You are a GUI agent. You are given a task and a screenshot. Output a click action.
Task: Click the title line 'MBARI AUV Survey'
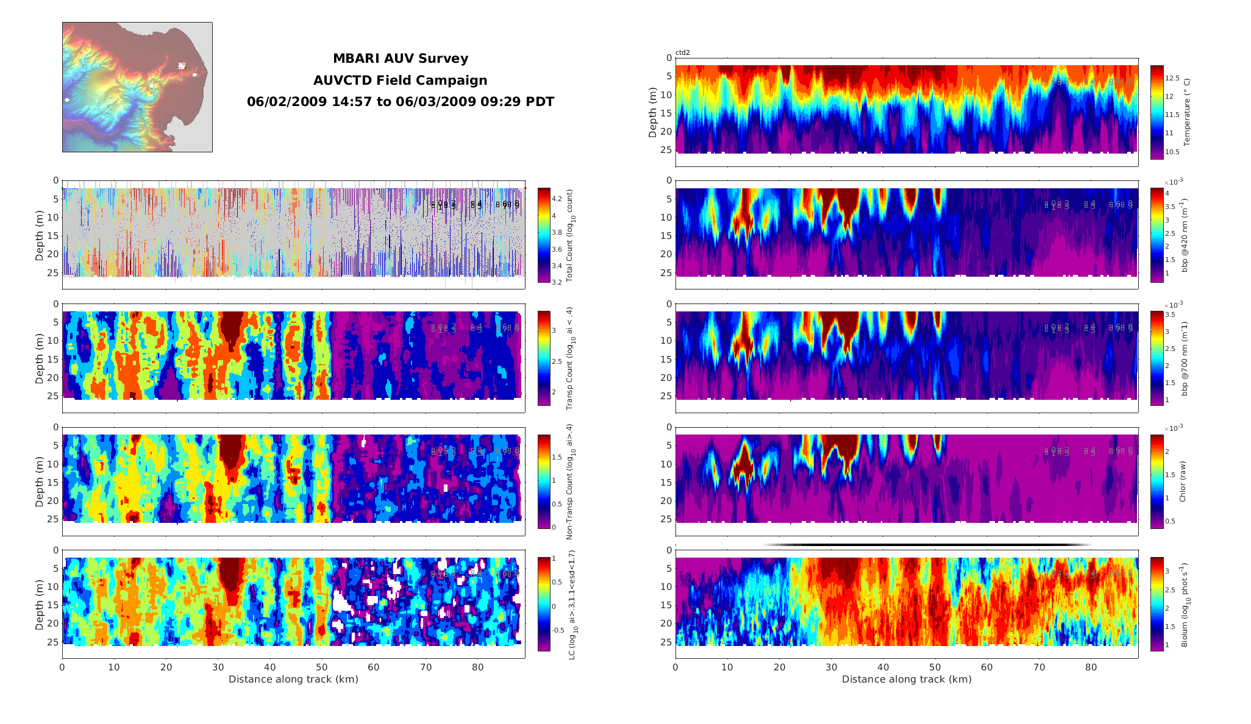click(x=400, y=59)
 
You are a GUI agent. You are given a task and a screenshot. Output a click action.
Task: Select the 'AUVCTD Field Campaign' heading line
click(x=400, y=80)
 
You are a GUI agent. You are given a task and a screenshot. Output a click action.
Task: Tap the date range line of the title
click(x=400, y=102)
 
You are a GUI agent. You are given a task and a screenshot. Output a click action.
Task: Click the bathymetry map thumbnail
click(x=137, y=87)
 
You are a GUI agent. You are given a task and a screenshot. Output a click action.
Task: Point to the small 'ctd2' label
click(x=683, y=53)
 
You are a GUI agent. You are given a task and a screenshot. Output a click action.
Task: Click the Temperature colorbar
click(x=1157, y=112)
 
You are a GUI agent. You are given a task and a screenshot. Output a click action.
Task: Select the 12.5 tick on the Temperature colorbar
click(x=1172, y=78)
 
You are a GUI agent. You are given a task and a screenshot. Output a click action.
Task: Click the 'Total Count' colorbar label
click(x=570, y=235)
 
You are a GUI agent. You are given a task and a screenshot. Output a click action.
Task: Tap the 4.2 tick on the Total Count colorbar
click(x=557, y=199)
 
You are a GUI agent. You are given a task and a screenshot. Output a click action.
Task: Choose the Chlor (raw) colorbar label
click(x=1183, y=481)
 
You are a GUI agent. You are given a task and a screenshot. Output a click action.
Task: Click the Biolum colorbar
click(x=1157, y=604)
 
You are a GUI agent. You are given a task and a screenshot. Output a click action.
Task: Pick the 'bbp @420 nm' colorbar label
click(x=1185, y=235)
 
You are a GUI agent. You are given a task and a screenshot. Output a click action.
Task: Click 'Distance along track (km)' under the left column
click(x=293, y=680)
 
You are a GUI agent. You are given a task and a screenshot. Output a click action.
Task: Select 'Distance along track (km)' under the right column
click(x=907, y=680)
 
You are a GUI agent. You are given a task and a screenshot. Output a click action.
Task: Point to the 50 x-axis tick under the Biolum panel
click(x=935, y=667)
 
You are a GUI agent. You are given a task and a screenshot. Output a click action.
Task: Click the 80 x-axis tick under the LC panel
click(x=478, y=667)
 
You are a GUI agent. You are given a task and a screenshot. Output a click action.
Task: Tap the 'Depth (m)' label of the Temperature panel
click(x=653, y=112)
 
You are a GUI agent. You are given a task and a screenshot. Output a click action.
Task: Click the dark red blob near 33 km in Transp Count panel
click(x=230, y=327)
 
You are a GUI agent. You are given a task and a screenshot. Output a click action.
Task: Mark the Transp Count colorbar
click(x=544, y=358)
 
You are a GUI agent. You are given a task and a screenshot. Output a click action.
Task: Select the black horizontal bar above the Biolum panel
click(x=927, y=545)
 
